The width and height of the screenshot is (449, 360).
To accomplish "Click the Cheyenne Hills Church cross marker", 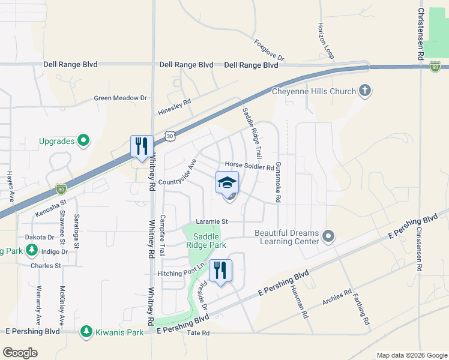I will coord(364,91).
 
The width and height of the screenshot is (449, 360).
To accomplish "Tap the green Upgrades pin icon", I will coord(83,141).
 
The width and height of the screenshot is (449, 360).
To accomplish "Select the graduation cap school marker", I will coord(227,182).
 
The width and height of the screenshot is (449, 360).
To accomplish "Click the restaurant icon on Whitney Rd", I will coord(142,146).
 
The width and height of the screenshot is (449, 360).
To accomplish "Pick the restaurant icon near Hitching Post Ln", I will coord(220,270).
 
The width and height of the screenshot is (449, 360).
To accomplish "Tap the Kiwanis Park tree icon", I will coord(86,332).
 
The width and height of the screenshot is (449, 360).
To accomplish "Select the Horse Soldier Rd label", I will coord(249,165).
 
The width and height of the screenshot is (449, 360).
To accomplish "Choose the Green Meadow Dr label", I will coord(120,98).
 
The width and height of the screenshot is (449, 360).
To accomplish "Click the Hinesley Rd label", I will coord(174,107).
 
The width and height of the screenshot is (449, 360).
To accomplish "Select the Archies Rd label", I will coord(336,298).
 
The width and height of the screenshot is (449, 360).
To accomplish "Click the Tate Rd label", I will coord(198,332).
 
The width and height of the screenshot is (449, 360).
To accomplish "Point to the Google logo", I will coord(20,353).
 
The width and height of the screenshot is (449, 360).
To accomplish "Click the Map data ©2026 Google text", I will coord(411,355).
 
